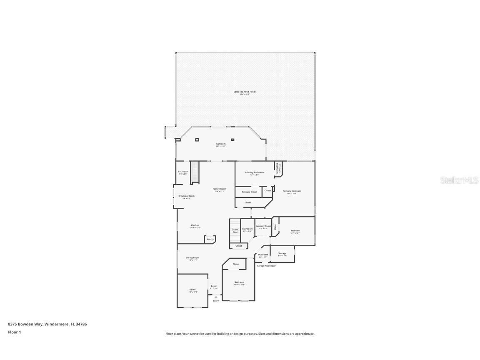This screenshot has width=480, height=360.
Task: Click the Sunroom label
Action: tap(221, 144)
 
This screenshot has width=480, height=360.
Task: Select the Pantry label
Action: tap(210, 239)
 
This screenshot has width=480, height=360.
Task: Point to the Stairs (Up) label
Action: tap(235, 230)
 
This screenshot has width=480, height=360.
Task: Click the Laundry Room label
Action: tap(263, 227)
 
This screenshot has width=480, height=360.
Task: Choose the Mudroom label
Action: tap(263, 255)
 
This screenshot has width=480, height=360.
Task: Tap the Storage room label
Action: tap(282, 254)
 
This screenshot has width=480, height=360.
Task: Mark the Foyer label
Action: tap(214, 287)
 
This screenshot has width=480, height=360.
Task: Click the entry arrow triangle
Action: tap(216, 297)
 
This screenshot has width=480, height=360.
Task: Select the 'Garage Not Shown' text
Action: tap(266, 265)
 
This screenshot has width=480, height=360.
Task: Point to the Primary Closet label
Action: tap(249, 192)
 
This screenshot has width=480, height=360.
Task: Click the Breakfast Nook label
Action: tap(187, 196)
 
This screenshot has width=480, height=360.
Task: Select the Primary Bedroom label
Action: tap(292, 191)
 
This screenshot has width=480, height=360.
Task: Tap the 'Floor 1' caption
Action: tap(15, 332)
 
